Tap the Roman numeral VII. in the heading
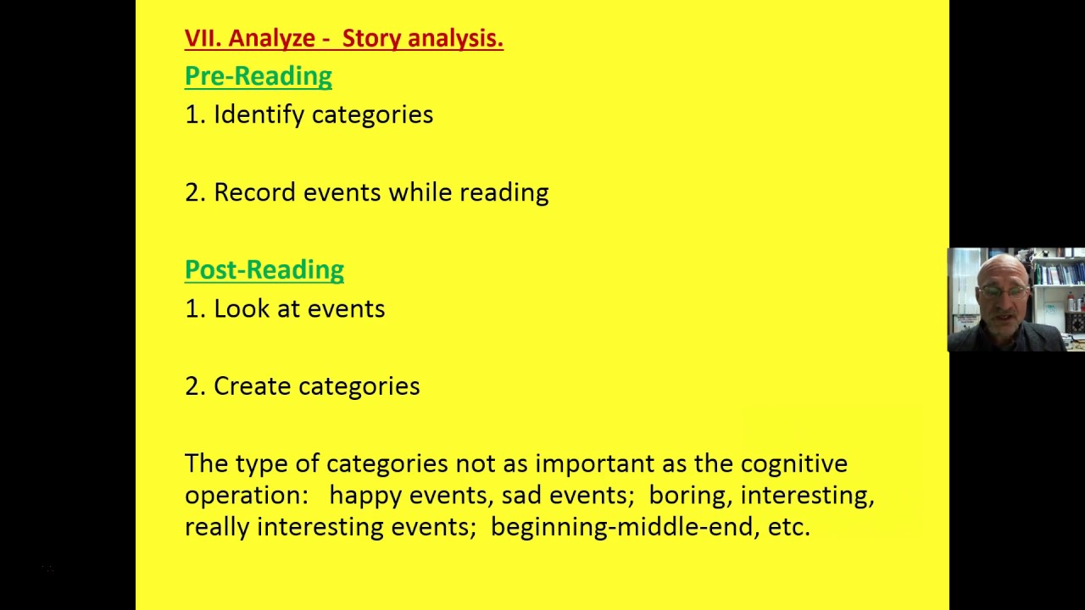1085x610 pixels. (x=203, y=39)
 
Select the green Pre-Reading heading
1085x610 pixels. (x=259, y=76)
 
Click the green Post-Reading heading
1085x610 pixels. (x=264, y=270)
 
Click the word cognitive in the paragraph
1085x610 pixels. (x=793, y=464)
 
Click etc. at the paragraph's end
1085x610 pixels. (x=789, y=527)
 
